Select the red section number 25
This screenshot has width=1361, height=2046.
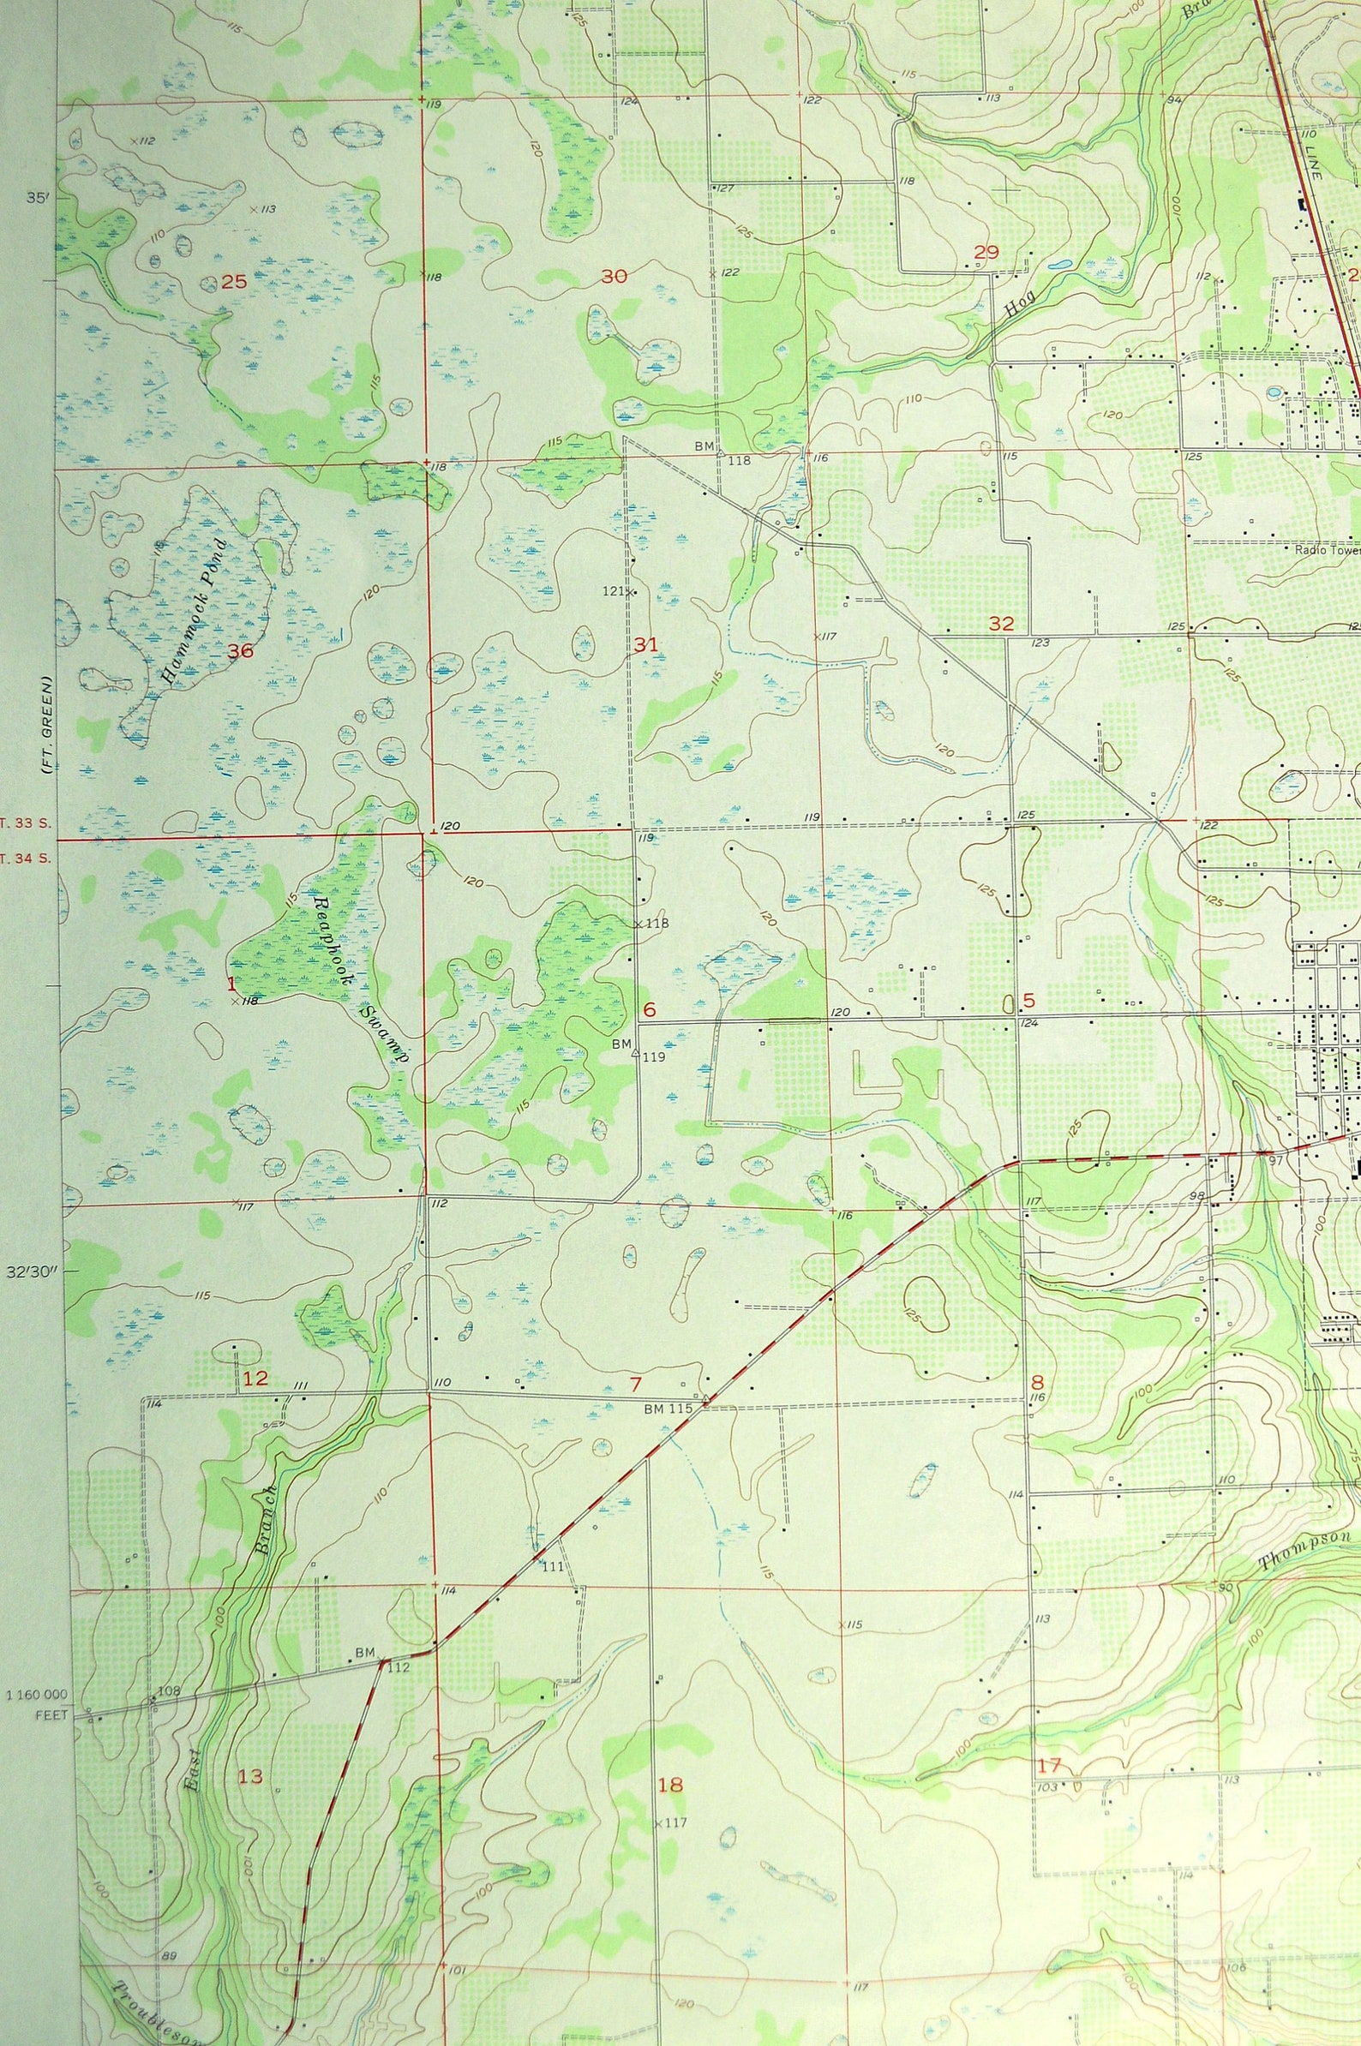pos(233,281)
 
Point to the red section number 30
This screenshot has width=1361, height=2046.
pos(614,277)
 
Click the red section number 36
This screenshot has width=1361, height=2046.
pos(240,651)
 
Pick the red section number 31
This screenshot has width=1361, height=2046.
pos(645,643)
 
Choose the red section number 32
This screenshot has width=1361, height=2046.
pos(1001,623)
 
